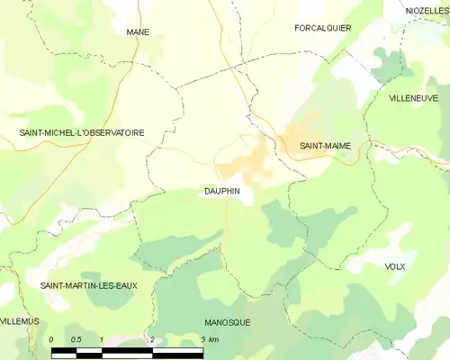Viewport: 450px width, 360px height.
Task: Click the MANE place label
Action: pyautogui.click(x=138, y=31)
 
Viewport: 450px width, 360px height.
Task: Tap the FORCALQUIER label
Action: pyautogui.click(x=322, y=28)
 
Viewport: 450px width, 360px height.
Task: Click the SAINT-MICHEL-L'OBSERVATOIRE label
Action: pyautogui.click(x=82, y=132)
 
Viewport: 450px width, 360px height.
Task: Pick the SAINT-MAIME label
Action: pyautogui.click(x=325, y=145)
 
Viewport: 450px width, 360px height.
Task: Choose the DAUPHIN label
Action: pyautogui.click(x=220, y=192)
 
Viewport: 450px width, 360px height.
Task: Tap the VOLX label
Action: pyautogui.click(x=395, y=267)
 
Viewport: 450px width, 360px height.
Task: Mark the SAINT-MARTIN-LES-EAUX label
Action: pyautogui.click(x=88, y=285)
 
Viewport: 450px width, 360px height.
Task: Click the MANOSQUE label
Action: pyautogui.click(x=228, y=321)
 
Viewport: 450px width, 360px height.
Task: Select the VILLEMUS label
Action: pyautogui.click(x=20, y=320)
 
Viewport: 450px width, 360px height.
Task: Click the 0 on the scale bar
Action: pyautogui.click(x=52, y=339)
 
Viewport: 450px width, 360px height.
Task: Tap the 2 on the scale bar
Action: pyautogui.click(x=152, y=339)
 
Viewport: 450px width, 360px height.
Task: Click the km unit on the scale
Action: pyautogui.click(x=212, y=339)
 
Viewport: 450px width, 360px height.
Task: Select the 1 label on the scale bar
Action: pyautogui.click(x=103, y=339)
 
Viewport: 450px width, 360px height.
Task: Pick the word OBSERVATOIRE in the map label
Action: pyautogui.click(x=112, y=132)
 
